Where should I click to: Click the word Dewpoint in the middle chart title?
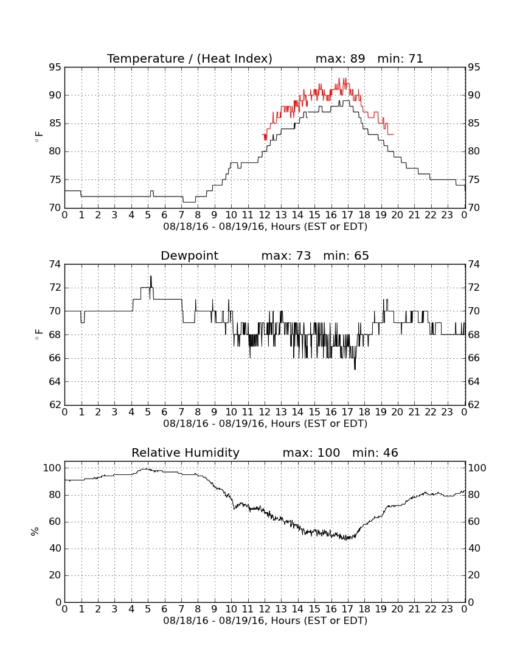click(189, 255)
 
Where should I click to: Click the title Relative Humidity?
click(186, 452)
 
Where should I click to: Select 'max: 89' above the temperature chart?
click(341, 58)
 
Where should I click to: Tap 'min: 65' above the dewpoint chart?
click(346, 255)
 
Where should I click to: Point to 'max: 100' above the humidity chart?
click(311, 452)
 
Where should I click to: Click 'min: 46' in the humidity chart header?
click(375, 452)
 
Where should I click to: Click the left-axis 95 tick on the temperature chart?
click(55, 68)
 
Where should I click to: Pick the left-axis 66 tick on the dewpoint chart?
click(55, 358)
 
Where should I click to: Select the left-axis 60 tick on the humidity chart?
click(55, 522)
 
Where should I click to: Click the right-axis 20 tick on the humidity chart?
click(474, 575)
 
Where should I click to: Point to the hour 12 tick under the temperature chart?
click(265, 215)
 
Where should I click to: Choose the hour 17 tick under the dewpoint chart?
click(348, 412)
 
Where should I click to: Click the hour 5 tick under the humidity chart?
click(148, 609)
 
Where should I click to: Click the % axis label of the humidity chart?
click(35, 531)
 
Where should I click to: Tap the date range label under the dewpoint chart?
click(265, 424)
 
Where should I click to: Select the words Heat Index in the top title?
click(234, 58)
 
